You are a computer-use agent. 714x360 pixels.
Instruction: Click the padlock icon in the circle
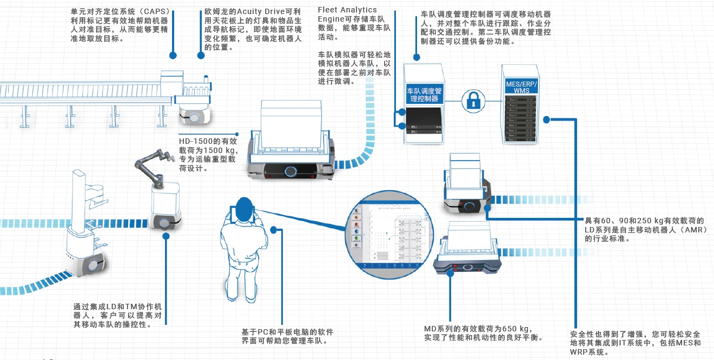tap(472, 100)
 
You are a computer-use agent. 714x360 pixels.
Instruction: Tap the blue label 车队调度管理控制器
tap(424, 95)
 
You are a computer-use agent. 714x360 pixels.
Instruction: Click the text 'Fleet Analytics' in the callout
tap(347, 10)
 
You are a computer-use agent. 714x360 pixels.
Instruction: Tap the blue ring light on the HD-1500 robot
tap(291, 171)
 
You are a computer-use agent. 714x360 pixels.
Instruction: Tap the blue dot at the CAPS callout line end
tap(173, 55)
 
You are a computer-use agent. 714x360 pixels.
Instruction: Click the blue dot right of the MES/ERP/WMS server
tap(546, 119)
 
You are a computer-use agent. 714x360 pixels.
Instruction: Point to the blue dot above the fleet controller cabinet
tap(416, 56)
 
